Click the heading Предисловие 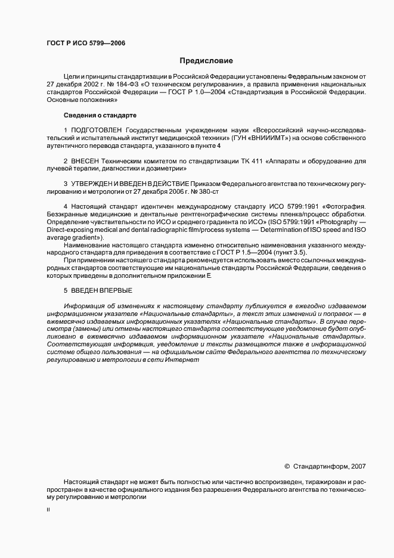[207, 60]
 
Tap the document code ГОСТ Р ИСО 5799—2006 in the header [85, 43]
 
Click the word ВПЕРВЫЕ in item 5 [116, 290]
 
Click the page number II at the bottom [48, 510]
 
